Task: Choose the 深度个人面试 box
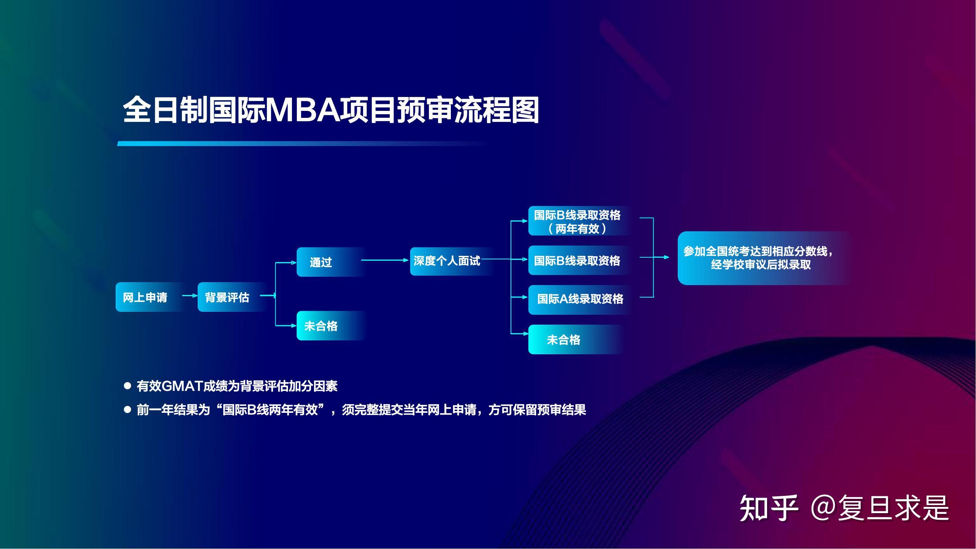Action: pos(451,261)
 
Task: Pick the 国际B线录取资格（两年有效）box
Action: pos(580,221)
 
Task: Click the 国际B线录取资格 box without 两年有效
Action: pos(580,261)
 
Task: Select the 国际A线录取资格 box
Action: pos(580,299)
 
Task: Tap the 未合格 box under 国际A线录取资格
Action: pos(576,340)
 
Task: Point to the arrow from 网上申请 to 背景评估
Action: pos(190,295)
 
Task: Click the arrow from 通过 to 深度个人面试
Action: pos(385,260)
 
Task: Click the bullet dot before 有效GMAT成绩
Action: pos(128,386)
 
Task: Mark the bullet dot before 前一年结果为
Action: pos(128,410)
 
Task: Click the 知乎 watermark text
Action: pos(769,508)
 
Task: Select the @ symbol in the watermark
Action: pos(824,508)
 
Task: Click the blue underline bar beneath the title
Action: pos(303,143)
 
